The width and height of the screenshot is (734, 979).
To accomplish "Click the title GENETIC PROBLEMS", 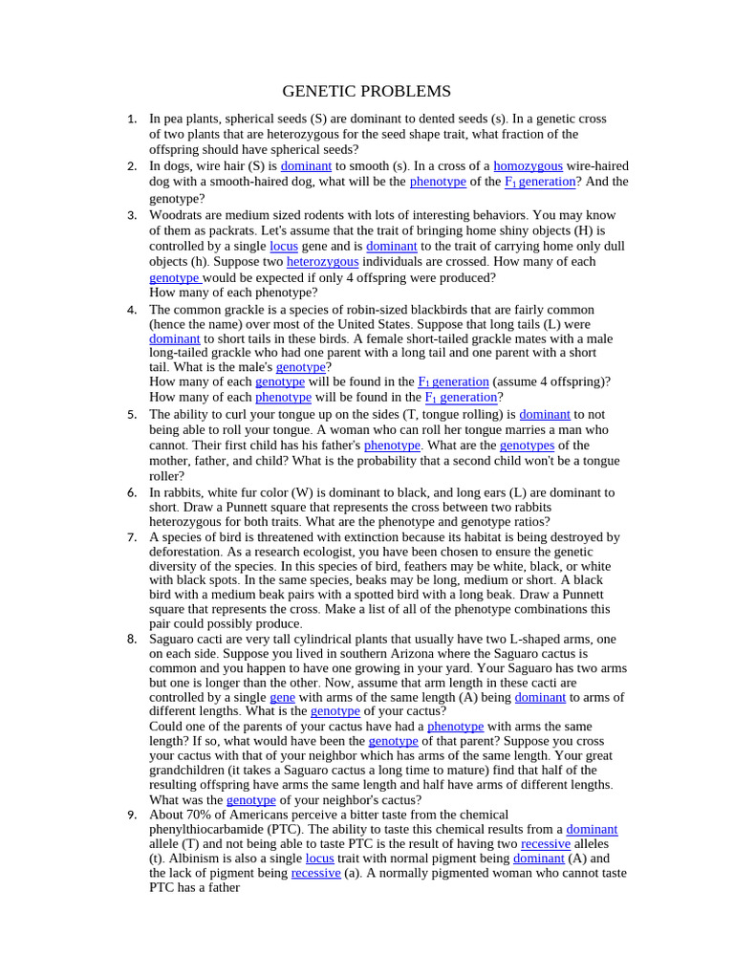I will [366, 92].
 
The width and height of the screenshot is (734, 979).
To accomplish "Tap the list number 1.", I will [132, 120].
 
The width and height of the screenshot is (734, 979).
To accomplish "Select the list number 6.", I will [132, 493].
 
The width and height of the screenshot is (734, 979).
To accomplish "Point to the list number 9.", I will [132, 815].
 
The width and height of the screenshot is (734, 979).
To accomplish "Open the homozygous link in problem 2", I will [528, 166].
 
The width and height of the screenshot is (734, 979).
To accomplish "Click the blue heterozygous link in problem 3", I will [322, 262].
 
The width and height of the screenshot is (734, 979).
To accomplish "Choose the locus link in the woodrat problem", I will [284, 247].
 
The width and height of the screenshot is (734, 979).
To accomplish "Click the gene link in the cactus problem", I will [282, 698].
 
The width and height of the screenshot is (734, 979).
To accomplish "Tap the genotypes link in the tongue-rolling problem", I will [527, 446].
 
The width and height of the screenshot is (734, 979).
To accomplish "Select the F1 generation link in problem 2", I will [540, 182].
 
